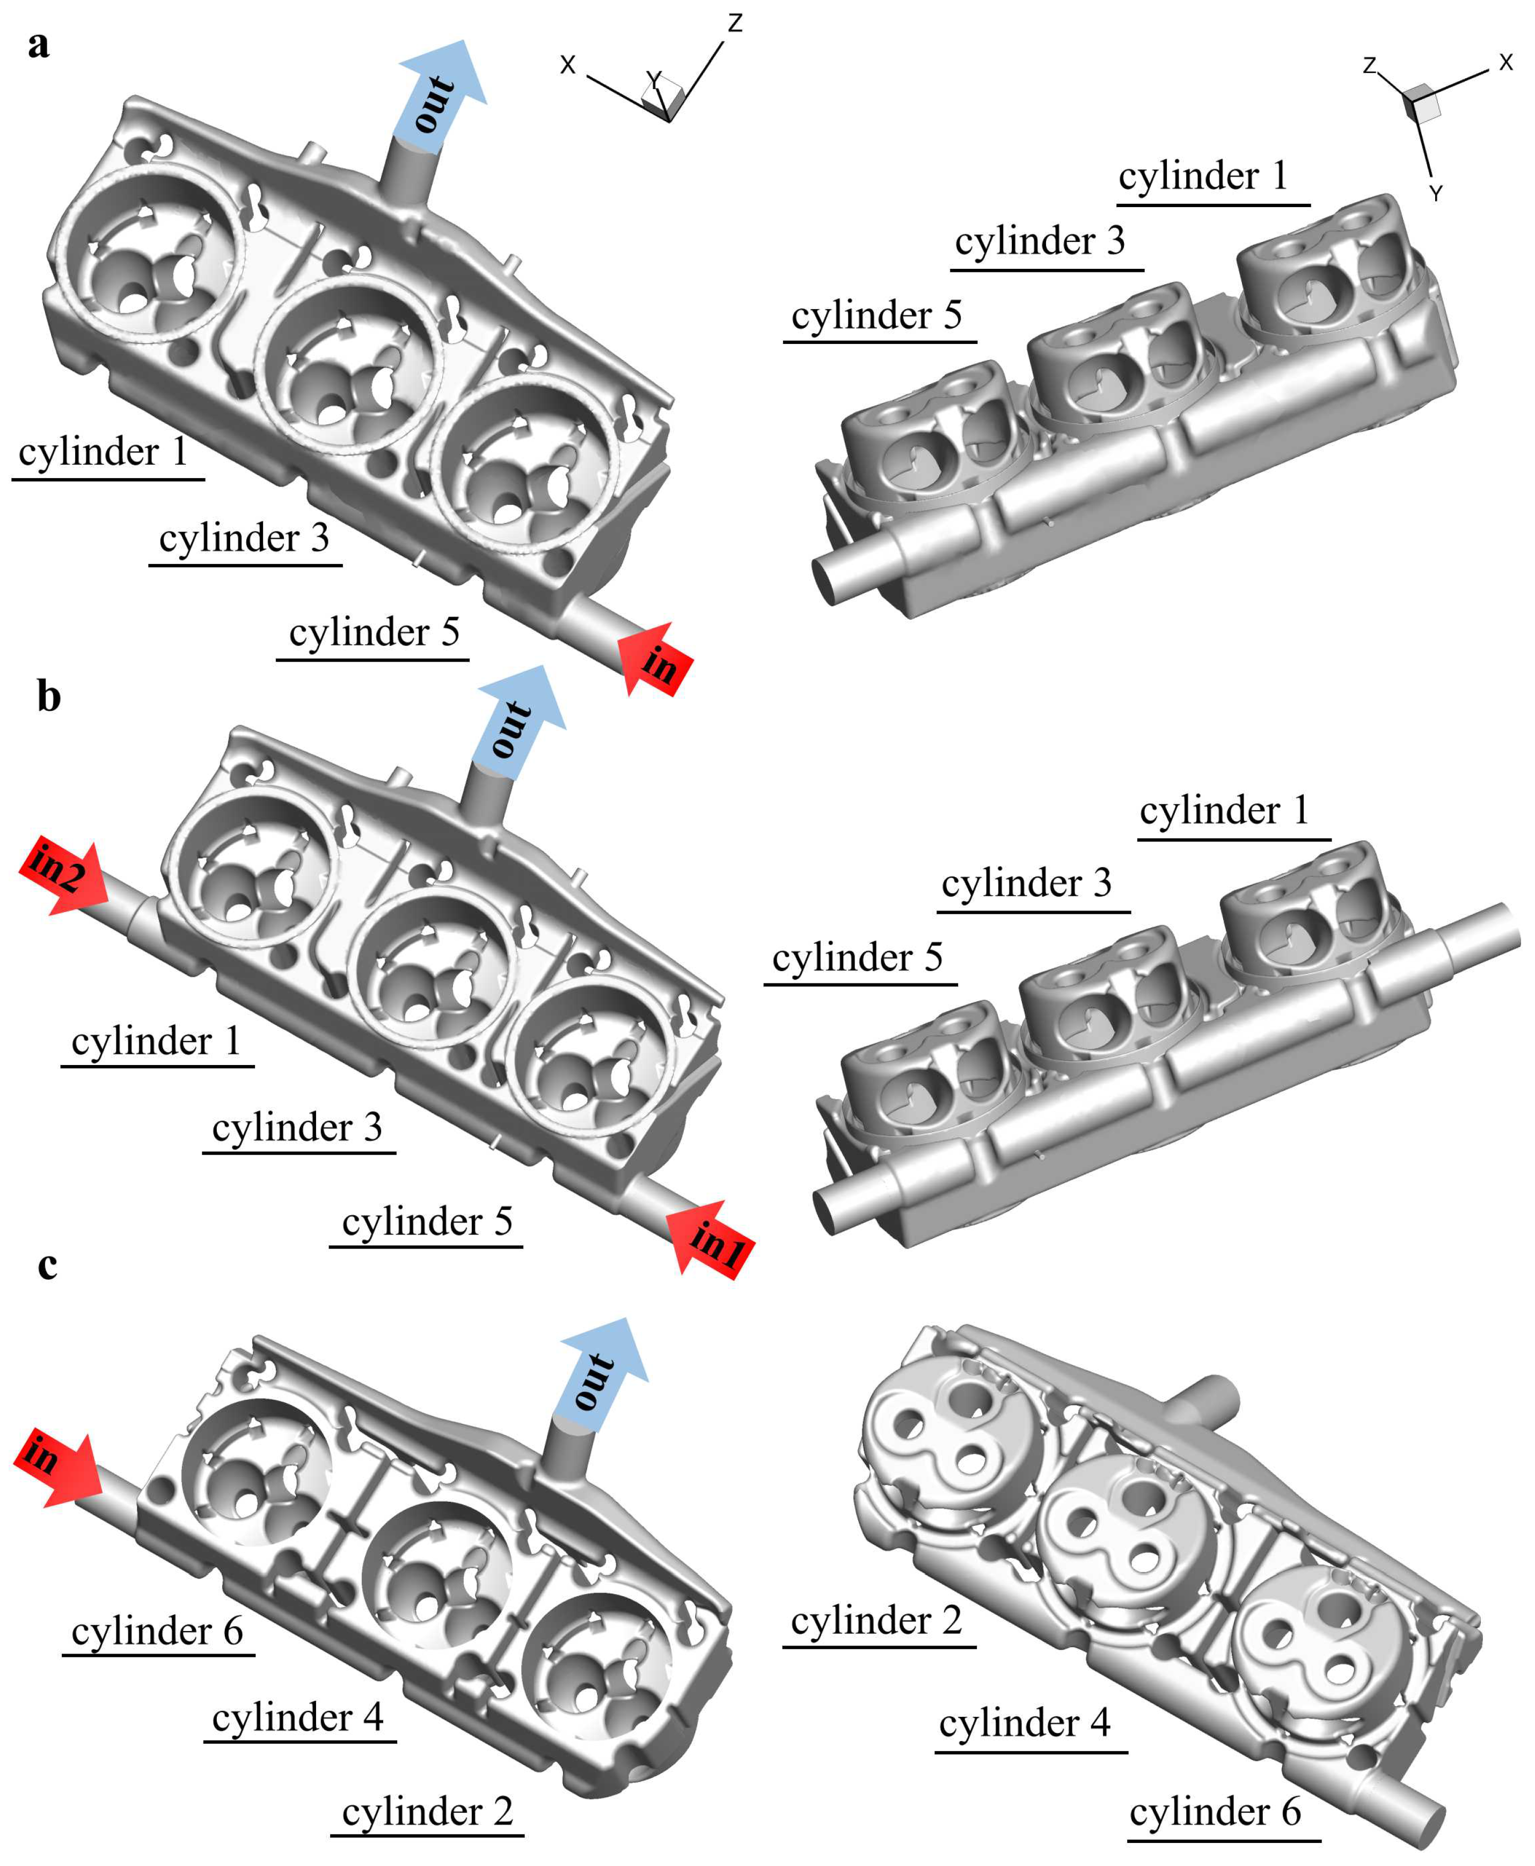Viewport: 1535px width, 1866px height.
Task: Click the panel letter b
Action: pos(49,697)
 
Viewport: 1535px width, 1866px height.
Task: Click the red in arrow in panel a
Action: pos(654,658)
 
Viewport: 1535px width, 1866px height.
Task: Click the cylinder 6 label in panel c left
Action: pos(157,1632)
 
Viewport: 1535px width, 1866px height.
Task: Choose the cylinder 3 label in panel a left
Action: pos(244,538)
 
